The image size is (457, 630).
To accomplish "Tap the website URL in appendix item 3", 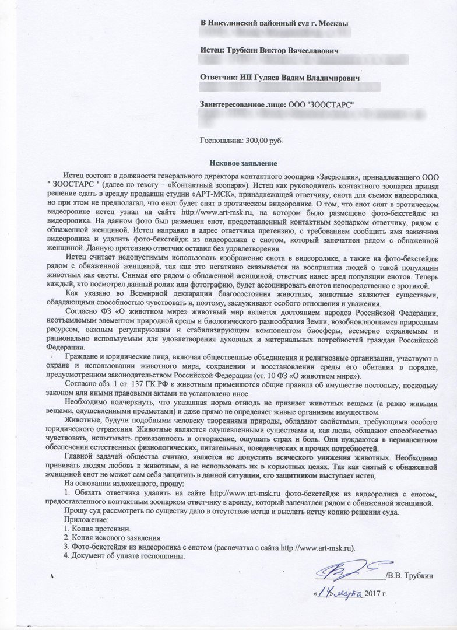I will pos(317,547).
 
